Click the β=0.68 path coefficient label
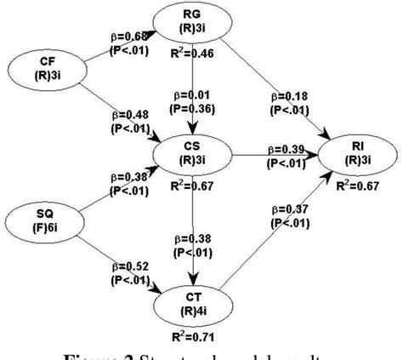pyautogui.click(x=128, y=37)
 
